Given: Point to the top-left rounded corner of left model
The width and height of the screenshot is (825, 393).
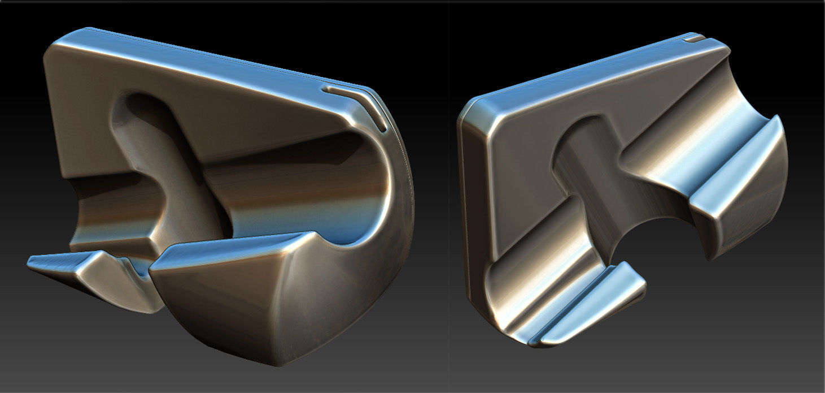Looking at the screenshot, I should pos(56,51).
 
